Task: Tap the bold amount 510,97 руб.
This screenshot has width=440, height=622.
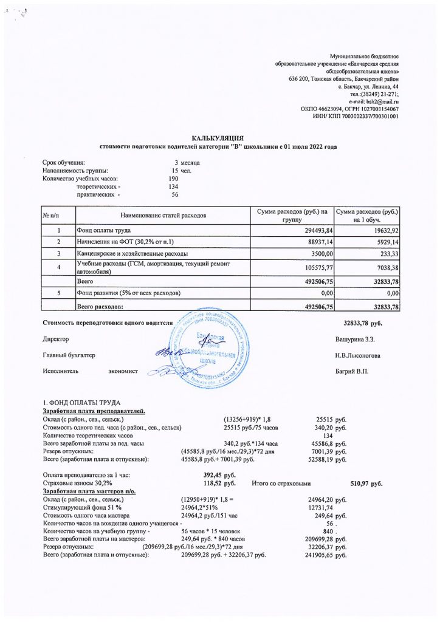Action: point(366,483)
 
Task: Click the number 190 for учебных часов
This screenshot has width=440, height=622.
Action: point(173,179)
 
